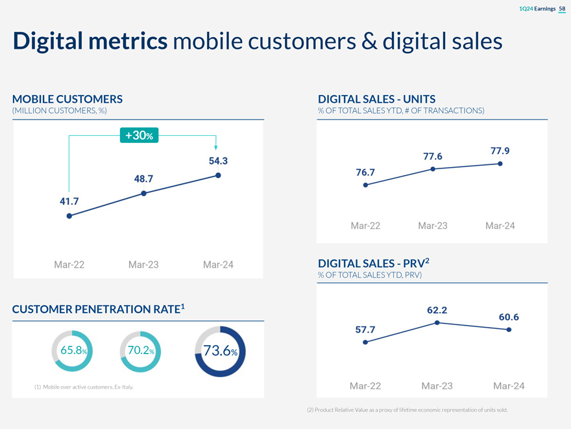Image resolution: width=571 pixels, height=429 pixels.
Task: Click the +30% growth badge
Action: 140,135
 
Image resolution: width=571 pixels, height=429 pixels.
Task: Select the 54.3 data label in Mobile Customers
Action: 217,161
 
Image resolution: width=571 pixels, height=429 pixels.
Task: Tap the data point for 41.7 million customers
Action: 69,216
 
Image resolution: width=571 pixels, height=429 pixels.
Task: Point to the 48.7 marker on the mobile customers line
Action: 143,193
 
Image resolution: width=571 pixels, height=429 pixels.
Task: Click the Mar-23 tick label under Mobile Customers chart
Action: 143,265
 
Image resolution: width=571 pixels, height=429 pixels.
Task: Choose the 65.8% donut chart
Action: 69,350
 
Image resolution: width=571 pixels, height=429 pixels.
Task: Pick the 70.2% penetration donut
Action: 140,350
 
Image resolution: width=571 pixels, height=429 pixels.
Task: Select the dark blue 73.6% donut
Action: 219,351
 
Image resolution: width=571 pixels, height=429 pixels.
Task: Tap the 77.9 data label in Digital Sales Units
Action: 500,151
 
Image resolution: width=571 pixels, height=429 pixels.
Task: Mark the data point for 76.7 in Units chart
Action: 365,185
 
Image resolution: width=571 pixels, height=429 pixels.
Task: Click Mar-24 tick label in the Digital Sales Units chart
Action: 500,226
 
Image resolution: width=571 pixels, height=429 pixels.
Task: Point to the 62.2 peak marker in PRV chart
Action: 438,323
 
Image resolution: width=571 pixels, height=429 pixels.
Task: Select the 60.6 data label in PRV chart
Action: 509,317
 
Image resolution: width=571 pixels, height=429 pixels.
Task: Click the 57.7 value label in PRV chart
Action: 365,330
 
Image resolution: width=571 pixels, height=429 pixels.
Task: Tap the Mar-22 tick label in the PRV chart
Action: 365,386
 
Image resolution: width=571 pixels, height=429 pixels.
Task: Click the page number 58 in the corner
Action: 562,8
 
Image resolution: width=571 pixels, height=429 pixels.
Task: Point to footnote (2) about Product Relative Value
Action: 407,410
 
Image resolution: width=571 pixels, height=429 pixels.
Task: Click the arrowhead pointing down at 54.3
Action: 216,148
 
